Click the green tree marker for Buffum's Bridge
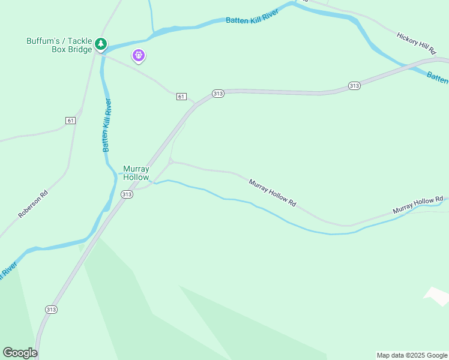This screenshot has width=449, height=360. point(101,44)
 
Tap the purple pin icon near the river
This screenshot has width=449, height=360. point(139,56)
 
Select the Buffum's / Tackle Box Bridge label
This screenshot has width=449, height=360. point(59,45)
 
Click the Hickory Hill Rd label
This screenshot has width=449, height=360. point(416,44)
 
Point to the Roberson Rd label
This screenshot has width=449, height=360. point(32,205)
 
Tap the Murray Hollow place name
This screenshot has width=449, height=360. point(136,173)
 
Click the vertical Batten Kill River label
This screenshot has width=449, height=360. point(107,125)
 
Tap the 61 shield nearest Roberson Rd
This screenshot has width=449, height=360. point(70,121)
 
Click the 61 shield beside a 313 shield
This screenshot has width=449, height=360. point(182,97)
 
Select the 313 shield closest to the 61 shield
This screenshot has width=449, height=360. point(218,94)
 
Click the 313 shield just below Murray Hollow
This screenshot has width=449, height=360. point(126,194)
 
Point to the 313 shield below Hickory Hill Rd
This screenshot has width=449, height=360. point(354,86)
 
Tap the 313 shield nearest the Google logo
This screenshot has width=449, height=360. point(51,309)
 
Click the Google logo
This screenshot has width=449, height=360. point(20,353)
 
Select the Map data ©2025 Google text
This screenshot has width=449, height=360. point(412,355)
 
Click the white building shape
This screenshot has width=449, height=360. point(436,295)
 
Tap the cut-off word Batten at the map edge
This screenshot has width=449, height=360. point(438,78)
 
